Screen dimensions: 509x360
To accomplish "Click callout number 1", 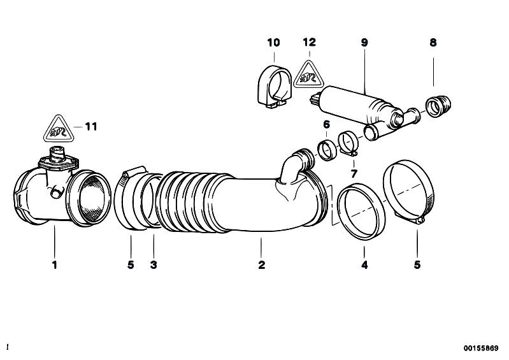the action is tap(55, 265).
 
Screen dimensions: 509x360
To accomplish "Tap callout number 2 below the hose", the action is tap(262, 265).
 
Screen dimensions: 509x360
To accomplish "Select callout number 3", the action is tap(154, 265).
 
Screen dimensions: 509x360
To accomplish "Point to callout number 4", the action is tap(364, 265).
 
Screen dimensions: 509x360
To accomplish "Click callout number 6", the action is tap(327, 124).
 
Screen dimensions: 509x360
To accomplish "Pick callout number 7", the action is tap(354, 174).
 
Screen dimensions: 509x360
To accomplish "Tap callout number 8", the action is tap(433, 43).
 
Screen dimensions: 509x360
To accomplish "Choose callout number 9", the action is tap(364, 43).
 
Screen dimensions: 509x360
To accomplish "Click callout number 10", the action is tap(273, 43).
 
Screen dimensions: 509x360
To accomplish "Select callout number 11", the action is tap(91, 127).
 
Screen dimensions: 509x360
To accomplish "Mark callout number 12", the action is tap(309, 42).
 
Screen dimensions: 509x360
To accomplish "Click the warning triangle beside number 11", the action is tap(59, 129).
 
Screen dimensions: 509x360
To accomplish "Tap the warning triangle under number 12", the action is tap(309, 75).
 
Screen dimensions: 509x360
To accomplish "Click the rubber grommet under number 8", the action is tap(438, 106).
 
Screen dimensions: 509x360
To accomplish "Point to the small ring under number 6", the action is tap(327, 150).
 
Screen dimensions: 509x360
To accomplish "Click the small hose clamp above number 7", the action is tap(348, 142).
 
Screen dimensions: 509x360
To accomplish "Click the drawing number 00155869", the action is tap(481, 349).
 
